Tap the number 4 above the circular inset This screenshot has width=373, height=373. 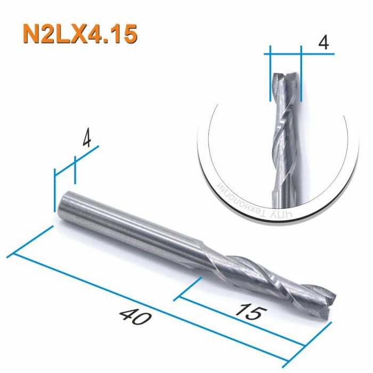322,43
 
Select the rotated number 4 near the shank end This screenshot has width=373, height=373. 86,140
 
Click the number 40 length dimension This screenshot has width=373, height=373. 133,318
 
